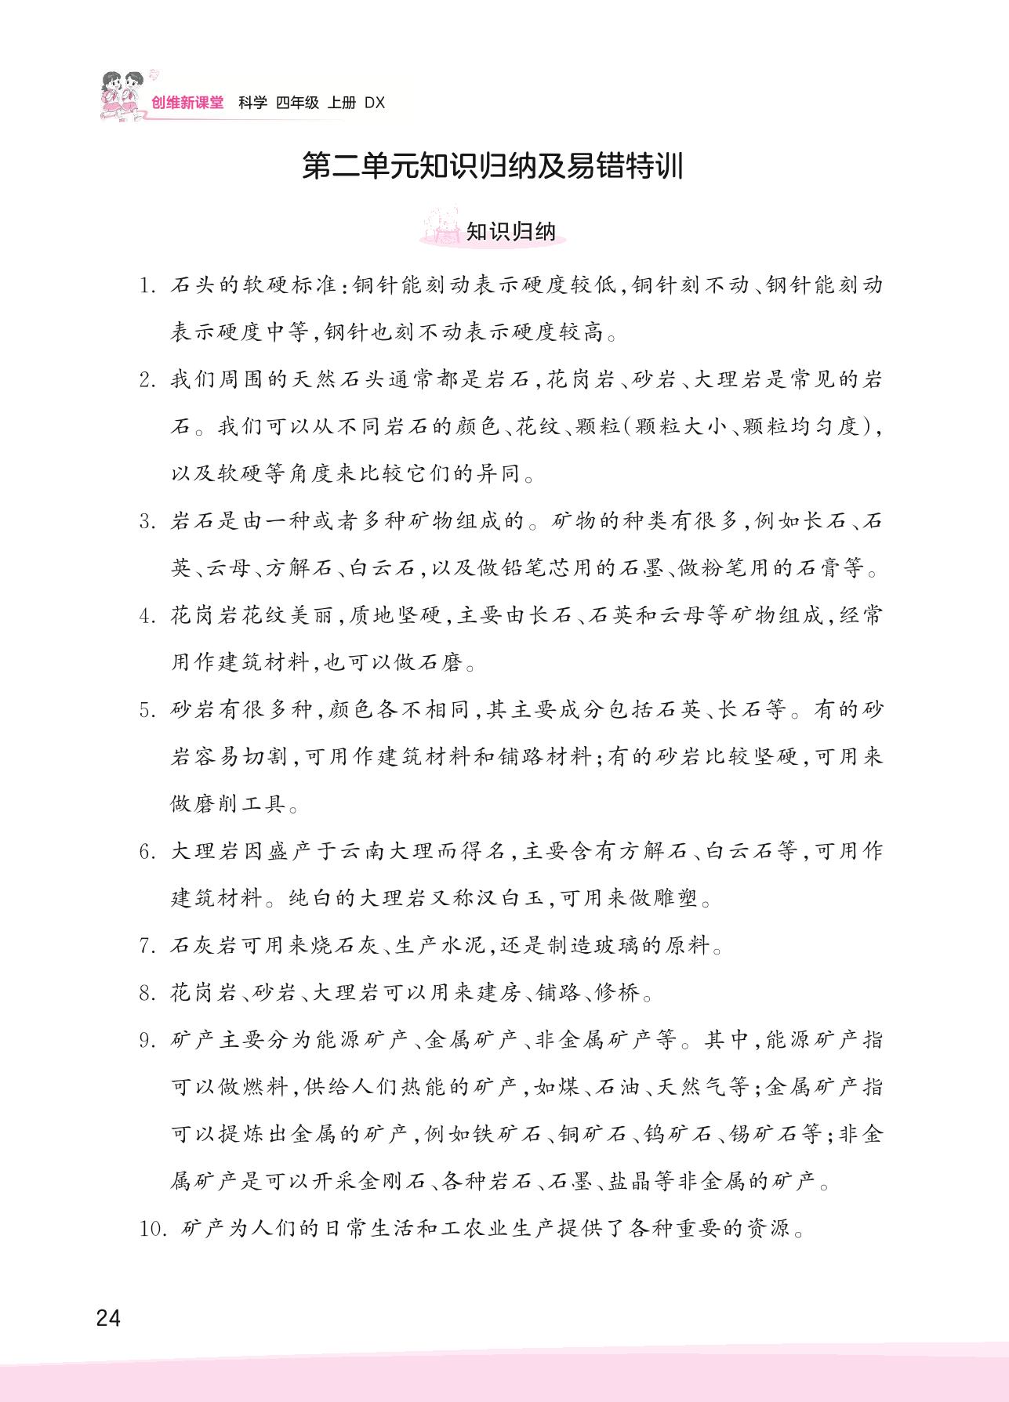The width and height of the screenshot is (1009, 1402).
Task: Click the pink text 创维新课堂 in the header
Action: point(187,103)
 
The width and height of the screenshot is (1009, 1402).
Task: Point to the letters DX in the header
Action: point(376,103)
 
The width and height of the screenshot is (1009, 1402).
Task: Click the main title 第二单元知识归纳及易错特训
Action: point(493,168)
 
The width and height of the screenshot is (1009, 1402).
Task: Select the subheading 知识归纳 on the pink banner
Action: point(510,232)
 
